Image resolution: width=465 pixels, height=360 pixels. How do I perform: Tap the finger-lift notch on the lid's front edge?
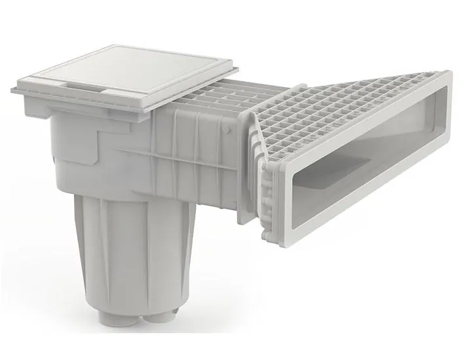point(85,87)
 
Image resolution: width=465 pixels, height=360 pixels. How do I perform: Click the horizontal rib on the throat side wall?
point(203,164)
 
